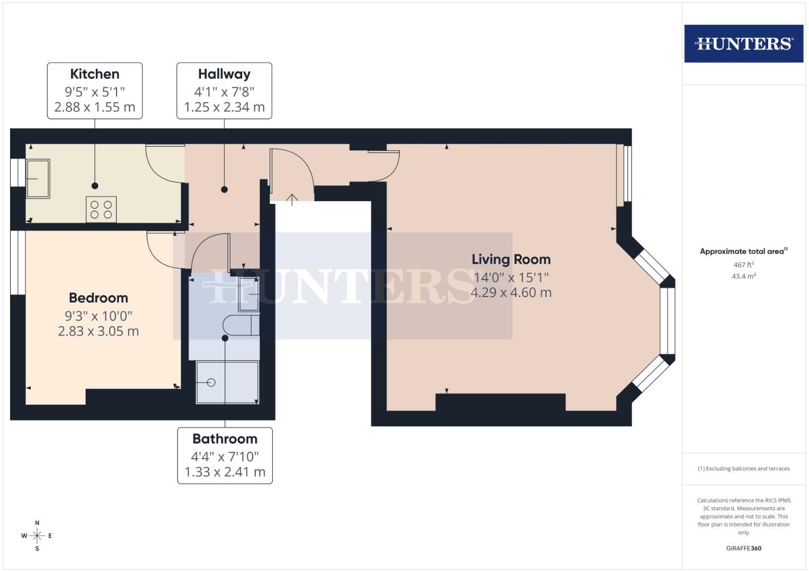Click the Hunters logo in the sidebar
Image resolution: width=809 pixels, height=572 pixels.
(743, 43)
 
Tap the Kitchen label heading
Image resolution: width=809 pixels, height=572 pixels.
(95, 74)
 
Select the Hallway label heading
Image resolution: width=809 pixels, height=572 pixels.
(224, 74)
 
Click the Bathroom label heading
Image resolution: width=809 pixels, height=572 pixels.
(225, 439)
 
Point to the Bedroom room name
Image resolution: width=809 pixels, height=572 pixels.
(99, 298)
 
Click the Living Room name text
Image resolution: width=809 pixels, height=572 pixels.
(511, 260)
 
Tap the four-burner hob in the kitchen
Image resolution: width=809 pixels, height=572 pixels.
(101, 209)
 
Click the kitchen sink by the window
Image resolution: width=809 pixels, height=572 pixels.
(38, 179)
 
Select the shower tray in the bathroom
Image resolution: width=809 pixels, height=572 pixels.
(227, 382)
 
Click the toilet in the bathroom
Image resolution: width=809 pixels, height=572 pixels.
(241, 325)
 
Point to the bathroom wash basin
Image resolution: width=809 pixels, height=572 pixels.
(249, 294)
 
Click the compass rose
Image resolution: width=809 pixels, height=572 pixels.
(37, 536)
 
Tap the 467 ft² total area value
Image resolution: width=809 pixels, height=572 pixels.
(743, 265)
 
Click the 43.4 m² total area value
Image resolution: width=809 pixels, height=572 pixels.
(743, 276)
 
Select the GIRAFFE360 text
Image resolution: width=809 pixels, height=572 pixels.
(743, 548)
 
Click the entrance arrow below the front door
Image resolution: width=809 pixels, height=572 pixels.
(292, 199)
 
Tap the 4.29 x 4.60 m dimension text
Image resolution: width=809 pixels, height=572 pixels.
(511, 292)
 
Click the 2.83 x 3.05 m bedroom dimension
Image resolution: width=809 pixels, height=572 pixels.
(99, 332)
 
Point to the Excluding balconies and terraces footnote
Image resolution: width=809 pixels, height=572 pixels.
(743, 469)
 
